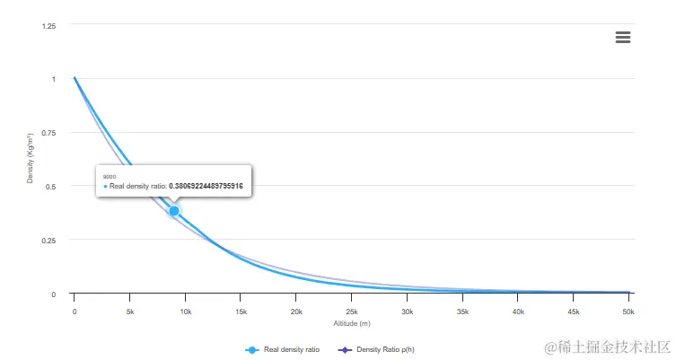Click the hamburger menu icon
(x=623, y=37)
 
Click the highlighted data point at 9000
(x=174, y=211)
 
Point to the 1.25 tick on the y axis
(x=49, y=25)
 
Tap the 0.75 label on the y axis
(x=49, y=133)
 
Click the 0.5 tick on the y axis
(x=52, y=187)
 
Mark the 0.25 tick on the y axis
(x=49, y=241)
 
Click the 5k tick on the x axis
(x=130, y=312)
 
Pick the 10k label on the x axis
(x=185, y=312)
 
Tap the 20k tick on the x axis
(x=296, y=312)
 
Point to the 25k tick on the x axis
(x=352, y=312)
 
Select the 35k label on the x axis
(x=463, y=312)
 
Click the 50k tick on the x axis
(x=629, y=312)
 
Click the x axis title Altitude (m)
(x=352, y=323)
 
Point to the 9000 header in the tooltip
(x=110, y=177)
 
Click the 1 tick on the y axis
(x=54, y=79)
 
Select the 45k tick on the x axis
(x=574, y=312)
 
